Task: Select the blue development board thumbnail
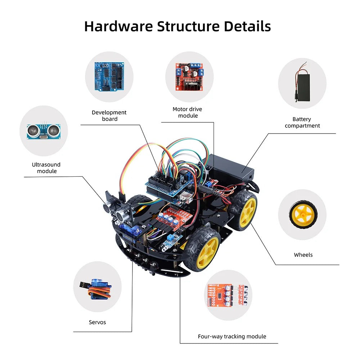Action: point(109,77)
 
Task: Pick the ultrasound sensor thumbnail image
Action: point(44,131)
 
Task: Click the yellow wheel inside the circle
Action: point(302,215)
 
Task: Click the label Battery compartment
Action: point(302,122)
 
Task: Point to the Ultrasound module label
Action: point(46,168)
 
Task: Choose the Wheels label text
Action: point(303,255)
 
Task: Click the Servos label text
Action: point(97,322)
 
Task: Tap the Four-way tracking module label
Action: point(232,337)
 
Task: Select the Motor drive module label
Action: point(188,112)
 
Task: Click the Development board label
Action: point(109,116)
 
